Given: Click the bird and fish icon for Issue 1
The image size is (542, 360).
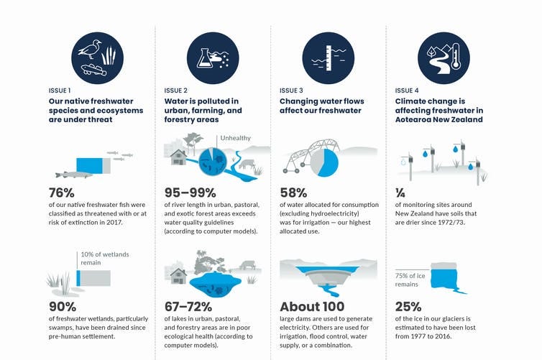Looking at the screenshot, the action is (x=98, y=58).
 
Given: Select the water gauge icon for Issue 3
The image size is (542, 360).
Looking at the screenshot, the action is (x=329, y=58).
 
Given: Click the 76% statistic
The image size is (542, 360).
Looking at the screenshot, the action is (x=62, y=193).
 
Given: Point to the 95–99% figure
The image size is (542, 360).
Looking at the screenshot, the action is (x=190, y=193).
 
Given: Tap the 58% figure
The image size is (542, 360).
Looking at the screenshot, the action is (x=293, y=193).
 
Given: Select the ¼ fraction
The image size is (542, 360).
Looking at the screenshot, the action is (x=400, y=193).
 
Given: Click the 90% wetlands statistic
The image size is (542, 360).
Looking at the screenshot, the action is (x=63, y=306).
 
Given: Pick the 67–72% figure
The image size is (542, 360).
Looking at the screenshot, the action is (x=188, y=306).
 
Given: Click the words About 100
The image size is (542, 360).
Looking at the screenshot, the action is (x=312, y=306).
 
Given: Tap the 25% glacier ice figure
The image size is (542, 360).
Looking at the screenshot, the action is (x=408, y=306).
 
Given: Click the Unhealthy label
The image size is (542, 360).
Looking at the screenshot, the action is (x=235, y=138).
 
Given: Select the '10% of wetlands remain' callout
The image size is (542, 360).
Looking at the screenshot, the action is (x=105, y=259).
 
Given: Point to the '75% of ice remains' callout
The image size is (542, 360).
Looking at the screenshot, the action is (x=410, y=280).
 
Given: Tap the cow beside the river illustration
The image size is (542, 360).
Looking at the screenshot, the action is (x=247, y=164).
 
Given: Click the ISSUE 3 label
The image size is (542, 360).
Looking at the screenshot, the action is (x=291, y=91).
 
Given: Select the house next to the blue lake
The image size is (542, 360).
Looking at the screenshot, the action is (x=178, y=276).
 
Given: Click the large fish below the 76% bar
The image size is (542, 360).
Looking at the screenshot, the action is (x=74, y=175).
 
